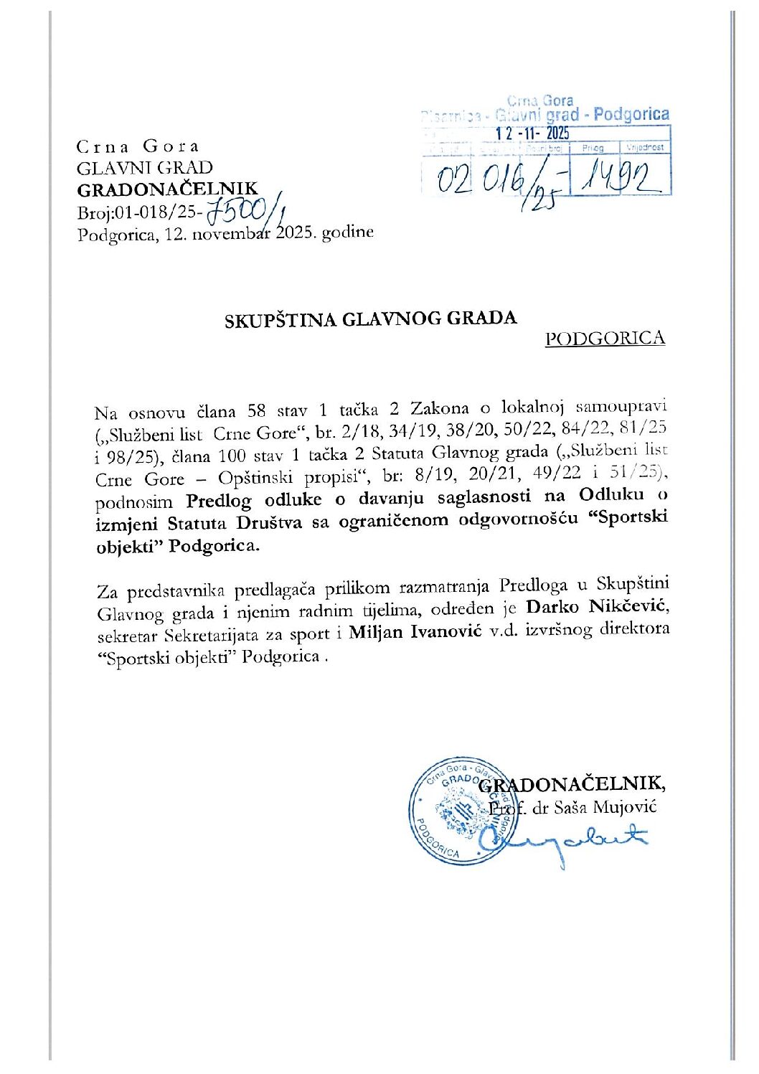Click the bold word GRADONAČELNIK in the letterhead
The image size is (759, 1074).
pos(167,189)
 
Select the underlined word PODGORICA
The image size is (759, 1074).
pos(605,339)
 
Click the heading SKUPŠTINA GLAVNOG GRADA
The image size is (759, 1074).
pos(370,319)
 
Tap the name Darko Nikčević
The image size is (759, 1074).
pos(597,607)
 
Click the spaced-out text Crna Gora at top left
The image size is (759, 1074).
pos(138,146)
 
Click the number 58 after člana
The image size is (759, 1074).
pos(257,411)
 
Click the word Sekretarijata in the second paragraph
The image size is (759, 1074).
pos(245,635)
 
